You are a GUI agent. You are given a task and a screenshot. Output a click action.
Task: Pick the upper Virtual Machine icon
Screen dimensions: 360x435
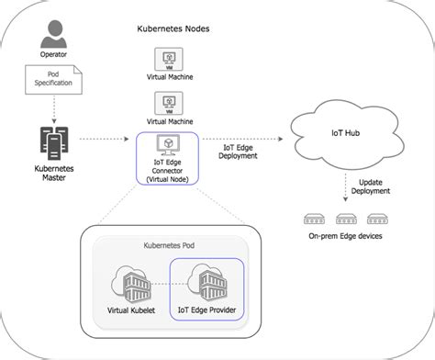pyautogui.click(x=171, y=59)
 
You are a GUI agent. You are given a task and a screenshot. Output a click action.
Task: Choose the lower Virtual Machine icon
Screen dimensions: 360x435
pyautogui.click(x=171, y=102)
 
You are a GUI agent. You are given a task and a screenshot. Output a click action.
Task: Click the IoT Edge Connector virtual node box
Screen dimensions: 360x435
pyautogui.click(x=169, y=159)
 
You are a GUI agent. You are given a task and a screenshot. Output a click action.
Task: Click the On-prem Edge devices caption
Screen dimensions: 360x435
pyautogui.click(x=346, y=237)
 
